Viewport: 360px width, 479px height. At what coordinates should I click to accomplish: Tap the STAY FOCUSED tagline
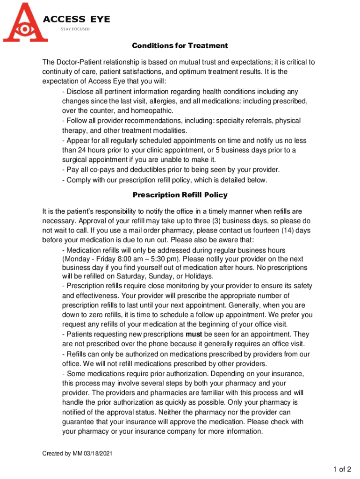click(75, 29)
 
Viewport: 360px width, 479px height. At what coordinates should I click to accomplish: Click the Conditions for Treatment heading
click(180, 46)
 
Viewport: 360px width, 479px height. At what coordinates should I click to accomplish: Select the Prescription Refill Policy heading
click(180, 195)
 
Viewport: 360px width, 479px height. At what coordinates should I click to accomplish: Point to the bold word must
click(194, 334)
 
